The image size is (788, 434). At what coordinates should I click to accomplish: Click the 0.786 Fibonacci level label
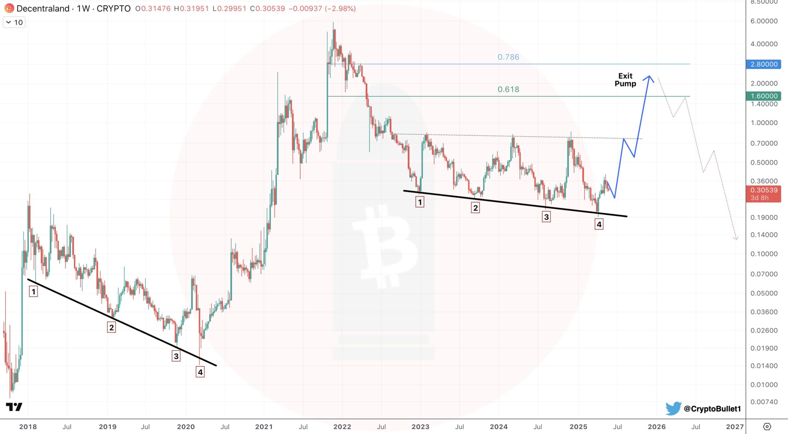(x=508, y=57)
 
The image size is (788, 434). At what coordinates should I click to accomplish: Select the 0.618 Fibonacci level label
(x=508, y=89)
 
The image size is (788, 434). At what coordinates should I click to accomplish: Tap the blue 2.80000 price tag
(x=764, y=64)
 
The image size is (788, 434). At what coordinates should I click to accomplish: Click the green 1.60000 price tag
(x=764, y=96)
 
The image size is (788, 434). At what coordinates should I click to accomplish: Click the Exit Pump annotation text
(x=625, y=80)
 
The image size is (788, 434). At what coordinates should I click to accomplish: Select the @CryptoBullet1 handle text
(x=712, y=409)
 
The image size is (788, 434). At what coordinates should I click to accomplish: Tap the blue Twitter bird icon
(x=673, y=408)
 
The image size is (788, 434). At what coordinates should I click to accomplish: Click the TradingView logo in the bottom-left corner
(x=14, y=407)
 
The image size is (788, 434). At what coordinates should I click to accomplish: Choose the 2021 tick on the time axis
(x=264, y=427)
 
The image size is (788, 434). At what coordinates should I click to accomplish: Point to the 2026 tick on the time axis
(x=657, y=427)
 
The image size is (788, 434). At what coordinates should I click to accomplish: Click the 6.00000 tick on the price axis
(x=764, y=21)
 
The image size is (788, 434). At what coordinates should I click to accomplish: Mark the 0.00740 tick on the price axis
(x=764, y=402)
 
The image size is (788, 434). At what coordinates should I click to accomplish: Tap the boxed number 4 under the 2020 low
(x=200, y=372)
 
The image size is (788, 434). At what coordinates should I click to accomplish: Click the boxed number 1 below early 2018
(x=34, y=291)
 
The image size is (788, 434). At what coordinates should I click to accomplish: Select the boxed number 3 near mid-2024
(x=546, y=217)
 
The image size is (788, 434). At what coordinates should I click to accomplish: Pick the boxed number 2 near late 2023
(x=475, y=208)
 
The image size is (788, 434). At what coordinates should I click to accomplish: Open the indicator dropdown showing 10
(x=14, y=22)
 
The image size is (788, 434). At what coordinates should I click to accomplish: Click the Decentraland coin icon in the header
(x=9, y=8)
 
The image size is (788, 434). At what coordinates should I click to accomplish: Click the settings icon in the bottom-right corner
(x=767, y=427)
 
